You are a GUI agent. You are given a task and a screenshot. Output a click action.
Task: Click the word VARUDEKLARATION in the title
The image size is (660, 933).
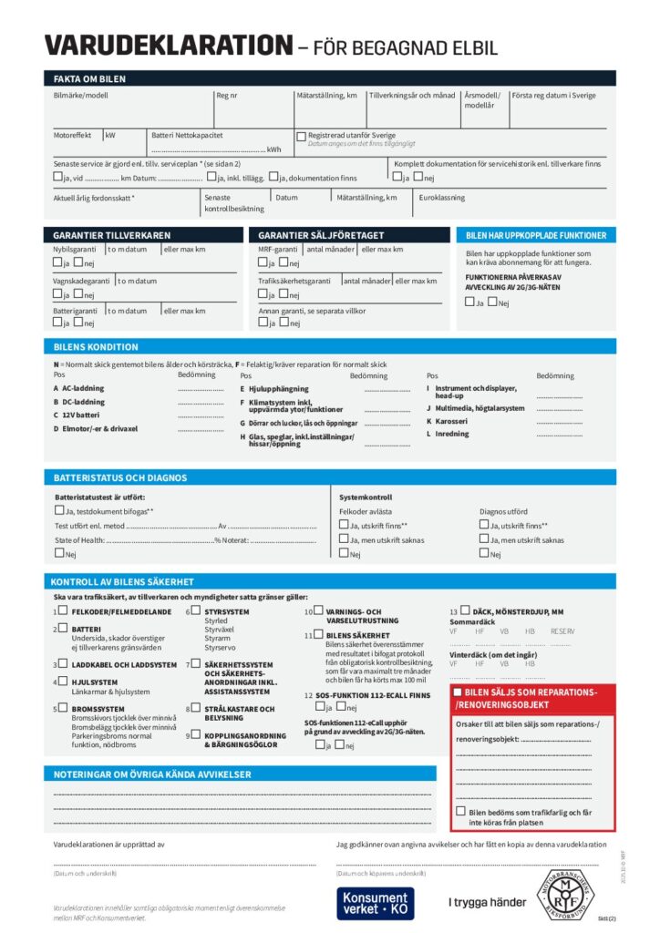coord(168,45)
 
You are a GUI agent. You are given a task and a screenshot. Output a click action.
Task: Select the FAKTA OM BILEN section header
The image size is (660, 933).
coord(89,79)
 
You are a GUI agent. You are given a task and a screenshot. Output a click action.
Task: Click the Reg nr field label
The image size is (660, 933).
coord(227,96)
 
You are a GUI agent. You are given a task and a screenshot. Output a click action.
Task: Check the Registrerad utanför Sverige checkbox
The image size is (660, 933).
coord(301,137)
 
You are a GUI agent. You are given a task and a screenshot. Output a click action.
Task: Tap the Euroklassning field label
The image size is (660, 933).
coord(441,197)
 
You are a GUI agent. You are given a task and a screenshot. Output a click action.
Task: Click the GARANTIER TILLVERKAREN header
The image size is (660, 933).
coord(111,235)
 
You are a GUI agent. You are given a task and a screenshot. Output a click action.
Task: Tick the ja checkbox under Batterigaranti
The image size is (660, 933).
coord(57,323)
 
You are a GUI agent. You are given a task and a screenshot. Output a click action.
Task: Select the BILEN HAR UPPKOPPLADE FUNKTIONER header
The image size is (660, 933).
coord(535,235)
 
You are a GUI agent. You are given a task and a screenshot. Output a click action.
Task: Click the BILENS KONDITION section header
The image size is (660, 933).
coord(96,347)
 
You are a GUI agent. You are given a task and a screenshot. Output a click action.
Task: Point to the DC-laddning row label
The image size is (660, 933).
coord(83,402)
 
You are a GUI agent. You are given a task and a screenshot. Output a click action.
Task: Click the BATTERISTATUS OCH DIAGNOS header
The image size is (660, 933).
coord(120,477)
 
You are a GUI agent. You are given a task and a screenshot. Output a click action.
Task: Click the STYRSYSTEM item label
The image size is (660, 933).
coord(227,612)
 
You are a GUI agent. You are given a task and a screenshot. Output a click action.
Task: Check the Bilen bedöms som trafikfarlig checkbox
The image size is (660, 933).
coord(460,812)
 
